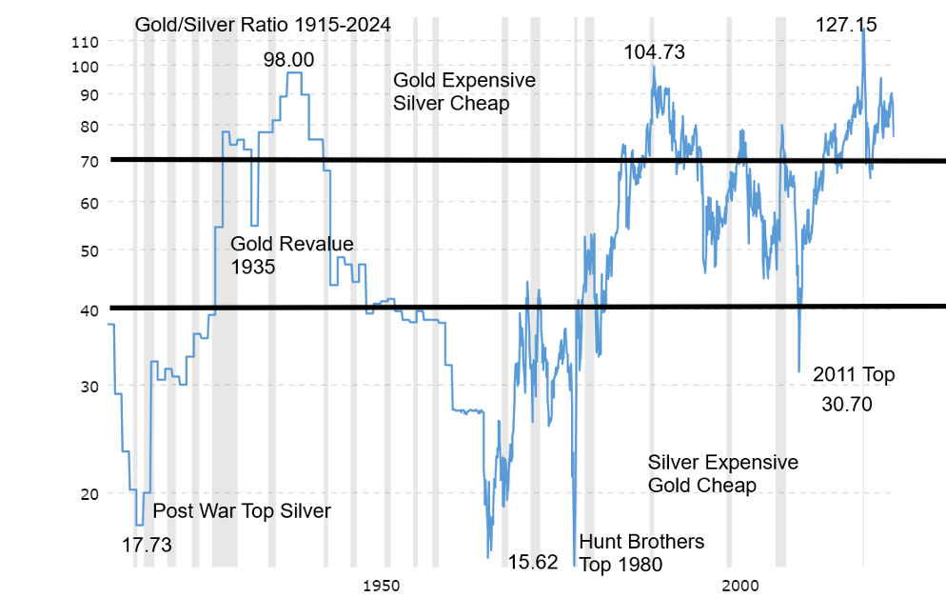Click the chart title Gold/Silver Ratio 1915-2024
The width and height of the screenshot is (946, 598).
(263, 25)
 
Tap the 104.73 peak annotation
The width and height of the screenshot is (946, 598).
(654, 53)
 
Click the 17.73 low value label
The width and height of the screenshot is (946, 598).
(148, 545)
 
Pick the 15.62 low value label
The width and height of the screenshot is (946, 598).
(533, 562)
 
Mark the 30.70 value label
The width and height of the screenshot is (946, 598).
(846, 404)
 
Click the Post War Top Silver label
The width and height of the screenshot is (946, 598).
(242, 511)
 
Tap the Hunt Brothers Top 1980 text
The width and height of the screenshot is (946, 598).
(641, 553)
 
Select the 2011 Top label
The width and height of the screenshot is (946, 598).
(854, 375)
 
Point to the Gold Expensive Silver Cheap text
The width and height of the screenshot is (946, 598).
(464, 91)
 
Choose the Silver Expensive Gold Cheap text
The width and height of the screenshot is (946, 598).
(723, 474)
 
